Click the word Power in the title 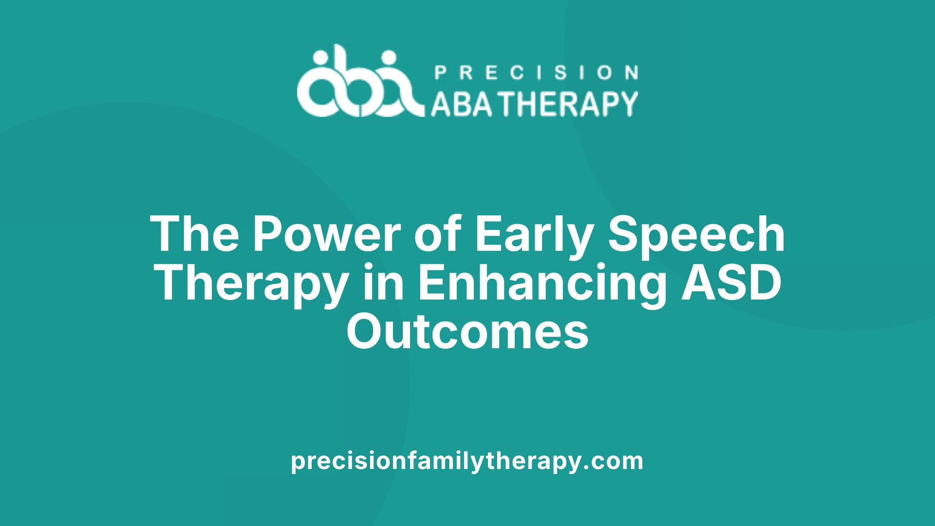(x=326, y=234)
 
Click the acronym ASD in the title (x=731, y=283)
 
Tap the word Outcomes (x=467, y=332)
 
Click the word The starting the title (x=194, y=234)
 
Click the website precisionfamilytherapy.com (x=467, y=461)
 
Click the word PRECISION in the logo (x=536, y=73)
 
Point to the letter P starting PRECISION (x=440, y=73)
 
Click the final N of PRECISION (x=632, y=73)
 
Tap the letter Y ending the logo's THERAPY (x=628, y=104)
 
